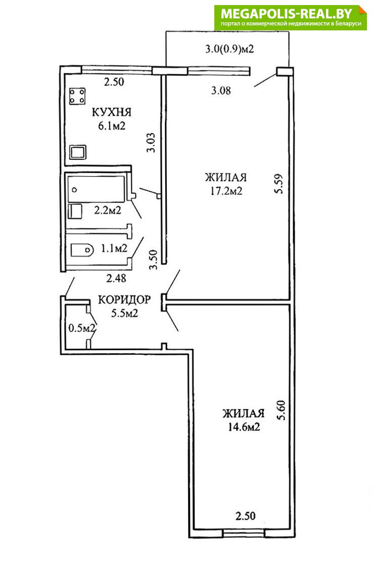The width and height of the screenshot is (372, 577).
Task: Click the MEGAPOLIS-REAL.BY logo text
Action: click(287, 14)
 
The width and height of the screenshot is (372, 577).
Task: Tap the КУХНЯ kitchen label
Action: click(111, 112)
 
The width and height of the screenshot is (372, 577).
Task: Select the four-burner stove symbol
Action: click(77, 96)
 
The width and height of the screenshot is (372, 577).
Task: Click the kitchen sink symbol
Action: click(77, 152)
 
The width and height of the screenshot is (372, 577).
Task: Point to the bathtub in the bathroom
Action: click(97, 189)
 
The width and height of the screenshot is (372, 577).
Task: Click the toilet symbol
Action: click(82, 250)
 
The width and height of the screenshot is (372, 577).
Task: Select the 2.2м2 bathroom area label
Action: click(108, 211)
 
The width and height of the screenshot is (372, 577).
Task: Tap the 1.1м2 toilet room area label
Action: click(114, 249)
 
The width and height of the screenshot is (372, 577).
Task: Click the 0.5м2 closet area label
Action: click(82, 327)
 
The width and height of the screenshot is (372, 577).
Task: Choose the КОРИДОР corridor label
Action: click(124, 300)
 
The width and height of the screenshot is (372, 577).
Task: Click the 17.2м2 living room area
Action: click(226, 191)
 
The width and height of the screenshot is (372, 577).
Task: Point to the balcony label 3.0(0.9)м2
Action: click(230, 49)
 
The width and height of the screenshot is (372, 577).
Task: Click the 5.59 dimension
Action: click(280, 184)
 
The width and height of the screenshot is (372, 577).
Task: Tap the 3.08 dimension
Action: click(221, 90)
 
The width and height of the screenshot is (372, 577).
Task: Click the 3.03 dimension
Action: click(151, 142)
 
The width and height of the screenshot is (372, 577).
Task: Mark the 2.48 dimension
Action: click(116, 278)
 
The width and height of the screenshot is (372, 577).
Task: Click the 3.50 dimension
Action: click(153, 260)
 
